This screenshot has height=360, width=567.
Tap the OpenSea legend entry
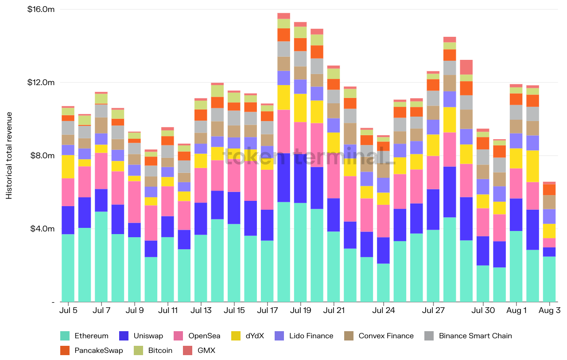tap(204, 336)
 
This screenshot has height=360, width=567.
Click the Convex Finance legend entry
tap(386, 336)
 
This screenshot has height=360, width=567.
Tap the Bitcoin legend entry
tap(160, 350)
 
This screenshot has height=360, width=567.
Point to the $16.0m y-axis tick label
tap(41, 9)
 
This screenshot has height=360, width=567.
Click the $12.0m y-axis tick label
tap(41, 82)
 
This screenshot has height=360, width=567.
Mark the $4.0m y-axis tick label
tap(42, 229)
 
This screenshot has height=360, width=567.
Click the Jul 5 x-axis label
tap(68, 310)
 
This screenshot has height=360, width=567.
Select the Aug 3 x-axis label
tap(549, 310)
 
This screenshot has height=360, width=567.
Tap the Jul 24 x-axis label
tap(384, 310)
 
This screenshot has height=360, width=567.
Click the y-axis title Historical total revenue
tap(9, 155)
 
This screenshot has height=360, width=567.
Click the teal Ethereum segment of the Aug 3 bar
tap(549, 279)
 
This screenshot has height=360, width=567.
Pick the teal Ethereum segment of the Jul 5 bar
tap(68, 268)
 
